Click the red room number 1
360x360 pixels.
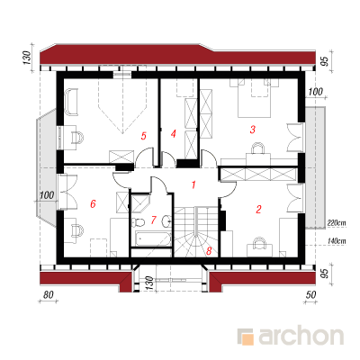pyautogui.click(x=193, y=184)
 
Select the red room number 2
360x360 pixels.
pyautogui.click(x=258, y=209)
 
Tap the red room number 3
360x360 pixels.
pyautogui.click(x=253, y=130)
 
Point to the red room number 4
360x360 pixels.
pyautogui.click(x=173, y=134)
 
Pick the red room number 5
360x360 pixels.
pyautogui.click(x=144, y=136)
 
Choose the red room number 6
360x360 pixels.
pyautogui.click(x=93, y=204)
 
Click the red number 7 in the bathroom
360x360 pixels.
pyautogui.click(x=153, y=220)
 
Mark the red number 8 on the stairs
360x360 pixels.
pyautogui.click(x=209, y=251)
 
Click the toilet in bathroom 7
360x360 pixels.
pyautogui.click(x=138, y=222)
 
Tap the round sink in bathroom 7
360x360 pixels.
pyautogui.click(x=166, y=221)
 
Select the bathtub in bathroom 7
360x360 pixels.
pyautogui.click(x=153, y=238)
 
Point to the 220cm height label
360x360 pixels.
pyautogui.click(x=337, y=223)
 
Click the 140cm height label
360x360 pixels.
pyautogui.click(x=337, y=240)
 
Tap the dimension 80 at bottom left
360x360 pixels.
pyautogui.click(x=48, y=294)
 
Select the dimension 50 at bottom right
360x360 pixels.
pyautogui.click(x=311, y=294)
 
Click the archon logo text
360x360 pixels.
pyautogui.click(x=301, y=337)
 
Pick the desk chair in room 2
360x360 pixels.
pyautogui.click(x=260, y=243)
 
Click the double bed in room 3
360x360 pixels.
pyautogui.click(x=254, y=98)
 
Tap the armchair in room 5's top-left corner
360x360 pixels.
pyautogui.click(x=71, y=102)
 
